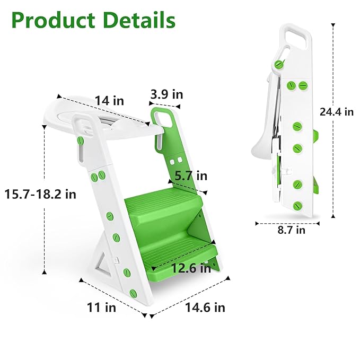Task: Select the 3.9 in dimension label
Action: coord(166,94)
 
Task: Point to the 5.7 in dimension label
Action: coord(191,175)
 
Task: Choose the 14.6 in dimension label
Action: coord(205,307)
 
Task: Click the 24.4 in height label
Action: coord(337,111)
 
